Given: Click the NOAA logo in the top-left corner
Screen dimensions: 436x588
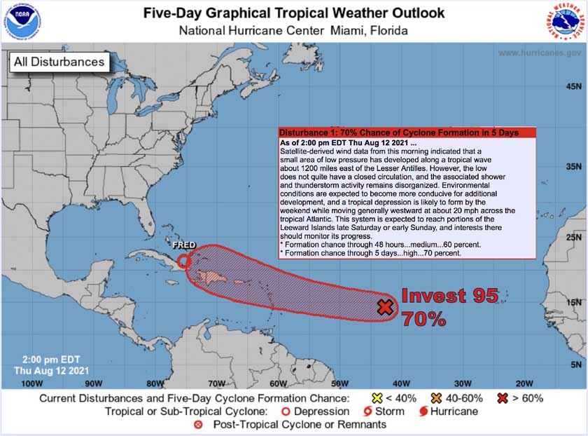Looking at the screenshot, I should (23, 23).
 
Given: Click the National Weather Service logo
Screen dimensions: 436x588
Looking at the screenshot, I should (563, 23).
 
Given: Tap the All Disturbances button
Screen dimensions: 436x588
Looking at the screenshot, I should (59, 62).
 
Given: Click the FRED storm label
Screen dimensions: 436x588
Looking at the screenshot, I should (185, 246).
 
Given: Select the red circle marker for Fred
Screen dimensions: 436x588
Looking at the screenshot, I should (183, 261).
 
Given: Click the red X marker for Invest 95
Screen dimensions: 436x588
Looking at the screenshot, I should (384, 306).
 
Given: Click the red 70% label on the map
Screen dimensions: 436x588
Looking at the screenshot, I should (424, 319).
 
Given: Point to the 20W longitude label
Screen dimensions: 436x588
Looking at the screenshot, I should (525, 383).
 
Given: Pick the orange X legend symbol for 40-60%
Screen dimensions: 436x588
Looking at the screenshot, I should (437, 398).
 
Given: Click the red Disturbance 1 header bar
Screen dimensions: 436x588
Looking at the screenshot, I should (406, 132).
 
